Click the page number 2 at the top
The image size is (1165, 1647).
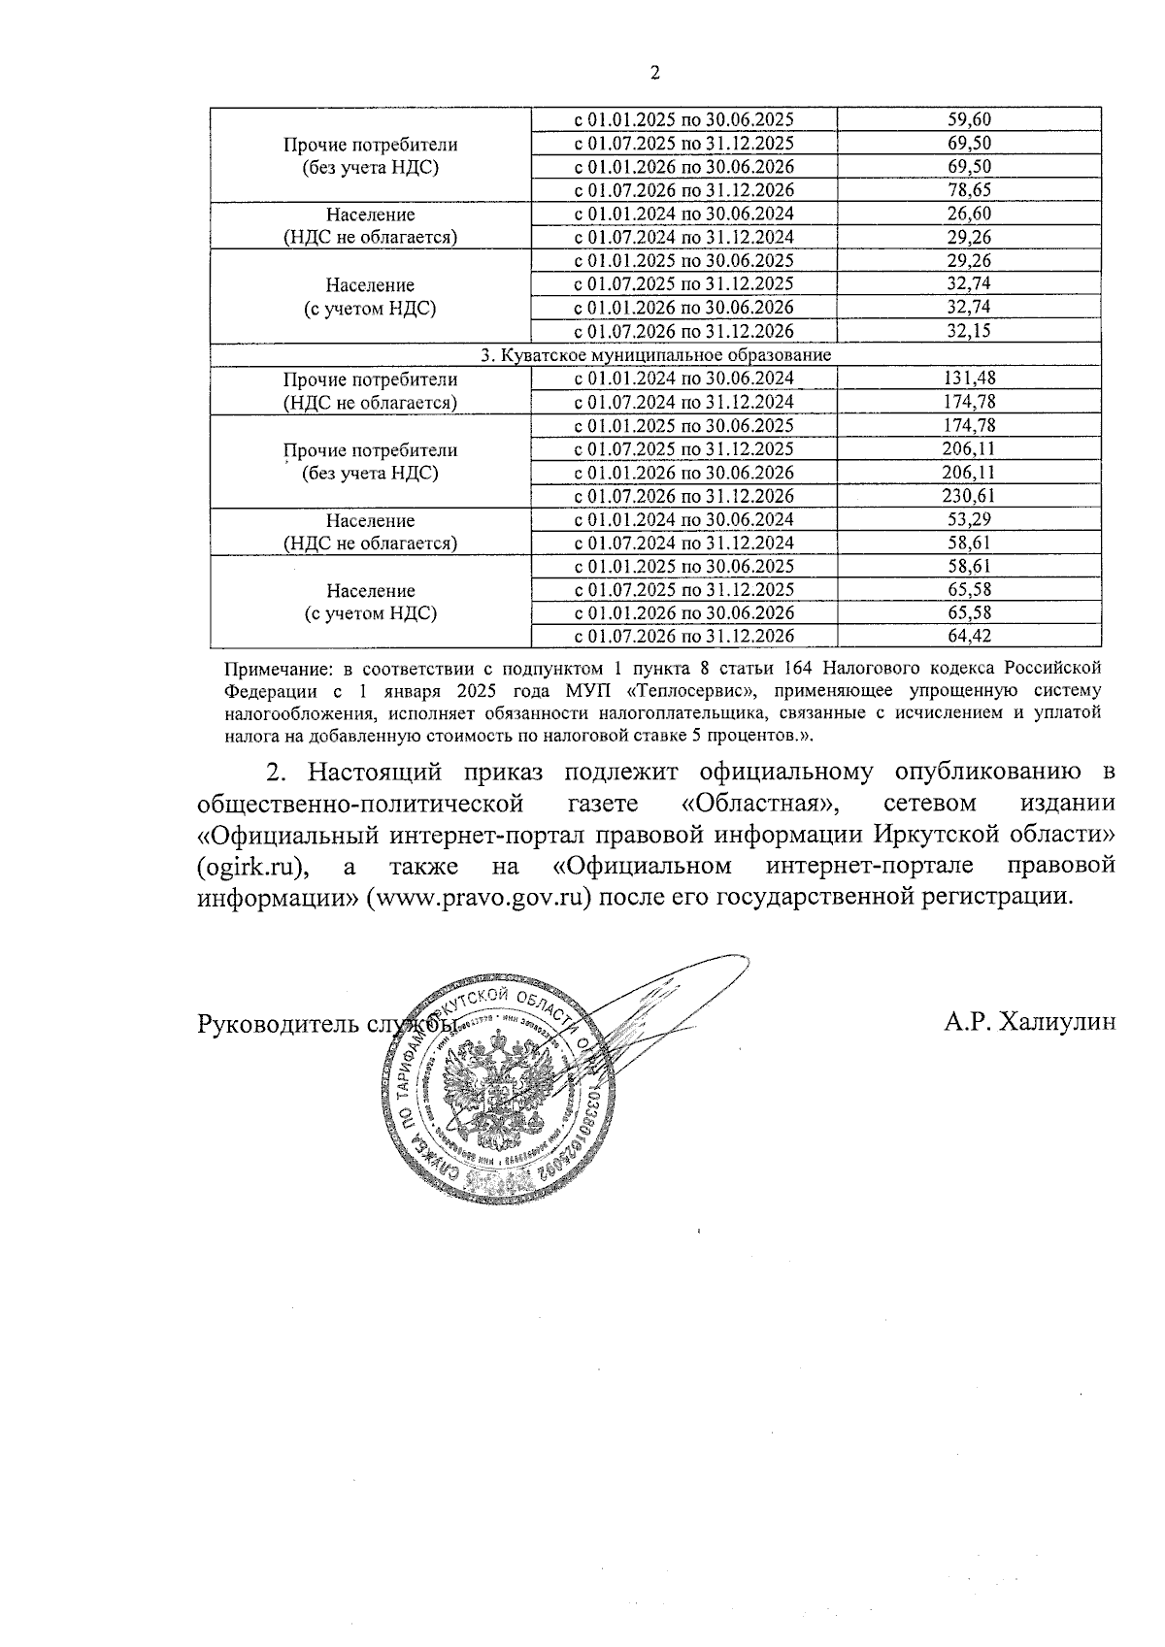[x=653, y=73]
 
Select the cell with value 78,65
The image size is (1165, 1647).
[x=968, y=190]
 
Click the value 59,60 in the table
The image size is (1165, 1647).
[x=968, y=119]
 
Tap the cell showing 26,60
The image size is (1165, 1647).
[x=968, y=214]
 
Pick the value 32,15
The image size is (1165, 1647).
[x=968, y=331]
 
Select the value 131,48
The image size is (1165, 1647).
[x=968, y=379]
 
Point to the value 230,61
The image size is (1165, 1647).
[x=968, y=496]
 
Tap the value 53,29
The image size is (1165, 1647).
[x=968, y=519]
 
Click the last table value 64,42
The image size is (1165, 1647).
[x=968, y=637]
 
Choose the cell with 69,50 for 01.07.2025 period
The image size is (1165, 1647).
[x=968, y=144]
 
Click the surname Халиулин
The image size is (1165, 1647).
[x=1057, y=1021]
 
